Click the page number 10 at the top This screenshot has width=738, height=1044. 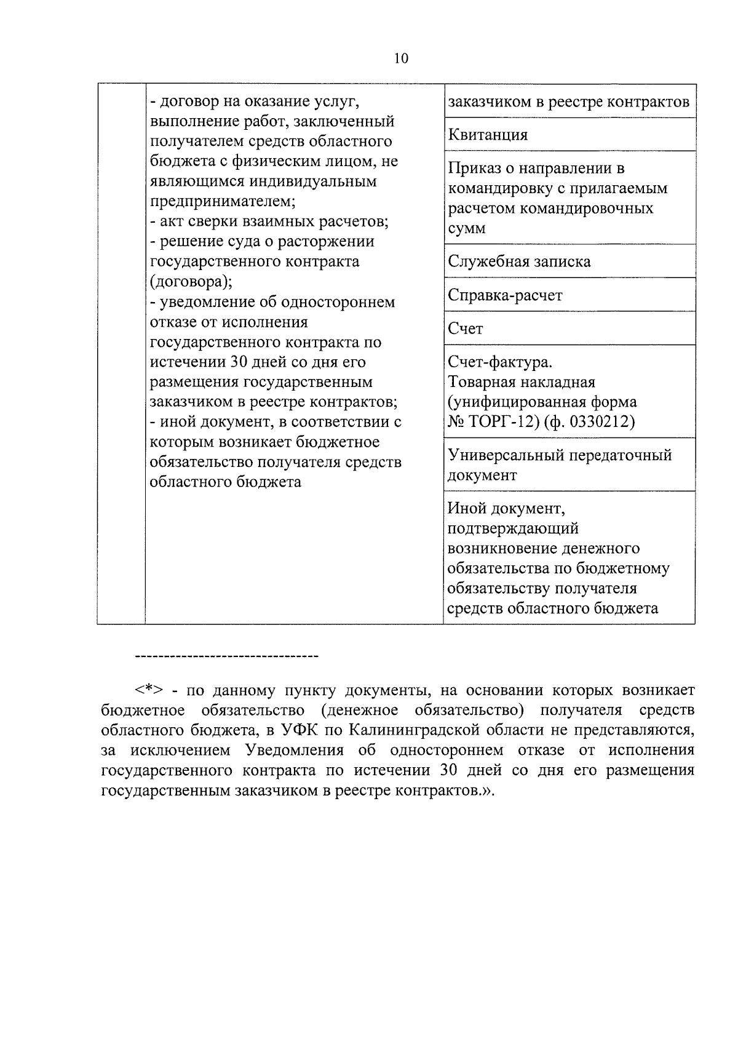400,58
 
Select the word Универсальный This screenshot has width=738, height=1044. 508,455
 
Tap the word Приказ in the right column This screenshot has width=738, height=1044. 475,168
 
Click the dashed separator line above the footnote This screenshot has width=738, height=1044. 226,657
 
